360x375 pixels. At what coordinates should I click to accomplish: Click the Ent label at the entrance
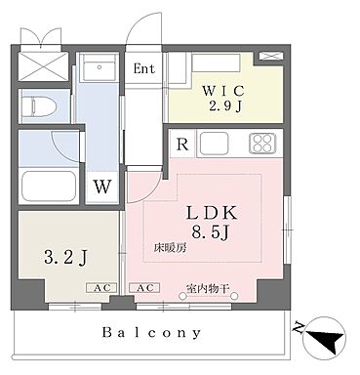tap(143, 69)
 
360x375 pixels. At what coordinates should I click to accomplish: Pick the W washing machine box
tap(100, 186)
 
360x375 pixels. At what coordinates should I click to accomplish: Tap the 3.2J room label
tap(64, 259)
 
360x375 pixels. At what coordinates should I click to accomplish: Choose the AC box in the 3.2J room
tap(100, 289)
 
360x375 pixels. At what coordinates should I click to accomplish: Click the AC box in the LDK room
tap(141, 289)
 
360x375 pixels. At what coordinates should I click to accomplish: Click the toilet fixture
tap(39, 104)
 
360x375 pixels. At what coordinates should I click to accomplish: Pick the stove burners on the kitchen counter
tap(262, 144)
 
